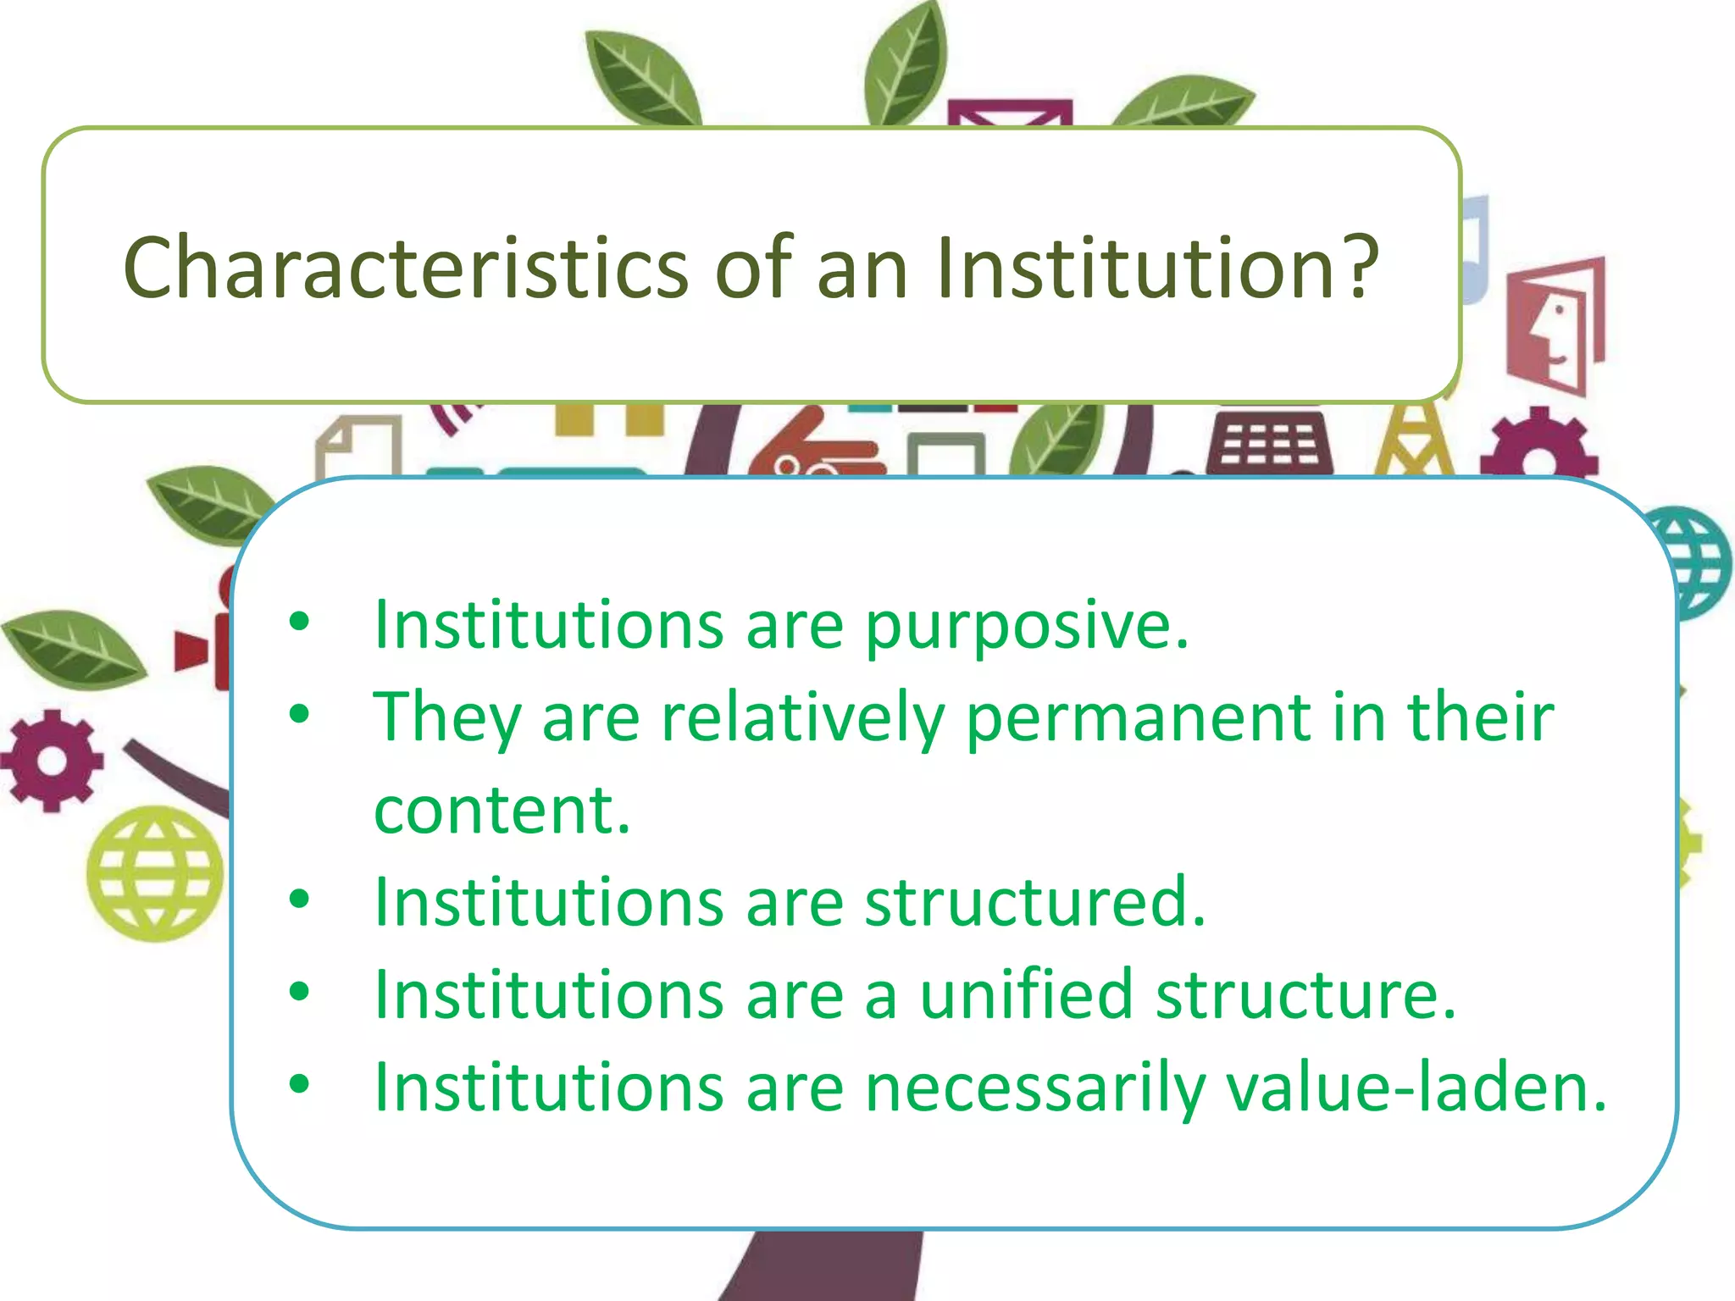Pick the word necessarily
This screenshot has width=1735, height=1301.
(1034, 1088)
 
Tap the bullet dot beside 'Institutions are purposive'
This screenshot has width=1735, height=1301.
(299, 622)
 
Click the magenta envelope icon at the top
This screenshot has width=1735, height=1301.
(1008, 113)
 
